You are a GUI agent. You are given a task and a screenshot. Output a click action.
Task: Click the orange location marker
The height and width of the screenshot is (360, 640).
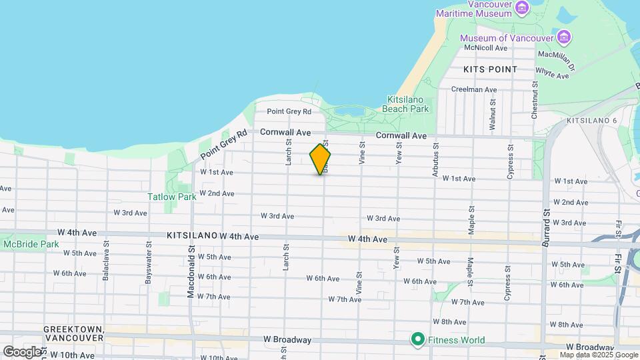(320, 159)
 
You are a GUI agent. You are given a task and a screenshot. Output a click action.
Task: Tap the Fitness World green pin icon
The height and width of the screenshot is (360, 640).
(418, 340)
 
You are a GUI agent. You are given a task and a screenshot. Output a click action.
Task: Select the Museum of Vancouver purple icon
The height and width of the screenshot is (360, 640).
(565, 36)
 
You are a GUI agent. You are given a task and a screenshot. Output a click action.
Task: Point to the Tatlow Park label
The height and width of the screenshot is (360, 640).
(172, 197)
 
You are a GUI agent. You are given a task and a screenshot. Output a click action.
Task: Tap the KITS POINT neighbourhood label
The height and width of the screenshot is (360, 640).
(490, 69)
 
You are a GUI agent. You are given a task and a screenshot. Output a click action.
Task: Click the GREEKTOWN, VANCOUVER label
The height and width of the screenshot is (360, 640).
(73, 334)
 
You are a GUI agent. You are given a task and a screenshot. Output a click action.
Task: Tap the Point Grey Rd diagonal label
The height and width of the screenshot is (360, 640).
(223, 144)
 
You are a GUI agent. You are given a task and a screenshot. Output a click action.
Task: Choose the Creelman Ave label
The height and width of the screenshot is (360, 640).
(474, 89)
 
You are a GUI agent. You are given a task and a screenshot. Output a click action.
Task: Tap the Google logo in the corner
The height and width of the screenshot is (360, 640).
(23, 351)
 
